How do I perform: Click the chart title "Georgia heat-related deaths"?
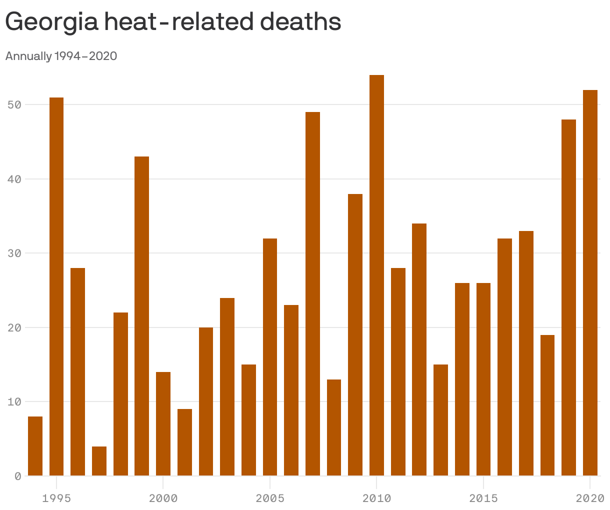click(x=173, y=22)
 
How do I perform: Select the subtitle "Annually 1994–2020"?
click(x=61, y=56)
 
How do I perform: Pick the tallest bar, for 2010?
click(x=376, y=275)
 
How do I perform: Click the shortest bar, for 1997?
click(x=99, y=461)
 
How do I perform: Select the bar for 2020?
click(x=590, y=283)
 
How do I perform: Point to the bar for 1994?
click(x=35, y=446)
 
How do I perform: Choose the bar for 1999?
click(x=141, y=316)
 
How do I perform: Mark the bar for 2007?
click(x=312, y=294)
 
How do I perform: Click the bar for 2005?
click(x=270, y=357)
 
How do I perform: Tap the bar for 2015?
click(x=483, y=379)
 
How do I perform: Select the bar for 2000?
click(x=163, y=424)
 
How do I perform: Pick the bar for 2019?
click(x=568, y=297)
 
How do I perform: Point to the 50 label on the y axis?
click(x=14, y=105)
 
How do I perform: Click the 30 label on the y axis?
click(x=14, y=253)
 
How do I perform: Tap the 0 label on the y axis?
click(x=17, y=476)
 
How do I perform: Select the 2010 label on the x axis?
click(x=376, y=498)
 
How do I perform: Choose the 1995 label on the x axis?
click(x=56, y=498)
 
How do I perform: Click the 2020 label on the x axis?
click(x=590, y=498)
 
